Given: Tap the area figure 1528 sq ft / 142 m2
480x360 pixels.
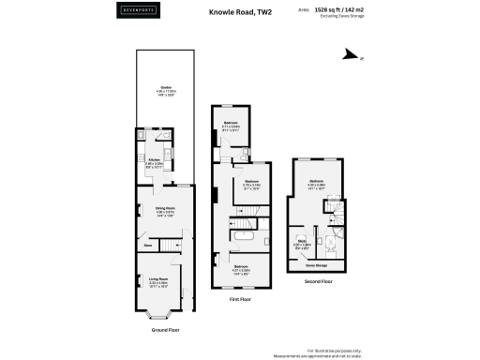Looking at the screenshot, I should [343, 10].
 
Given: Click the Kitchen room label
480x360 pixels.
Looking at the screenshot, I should [153, 159].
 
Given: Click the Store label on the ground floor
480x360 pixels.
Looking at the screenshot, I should [148, 247].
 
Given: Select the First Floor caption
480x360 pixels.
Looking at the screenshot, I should [241, 299].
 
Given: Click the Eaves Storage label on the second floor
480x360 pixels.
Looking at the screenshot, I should [316, 265].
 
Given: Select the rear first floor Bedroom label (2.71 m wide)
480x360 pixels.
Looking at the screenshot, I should [231, 122].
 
